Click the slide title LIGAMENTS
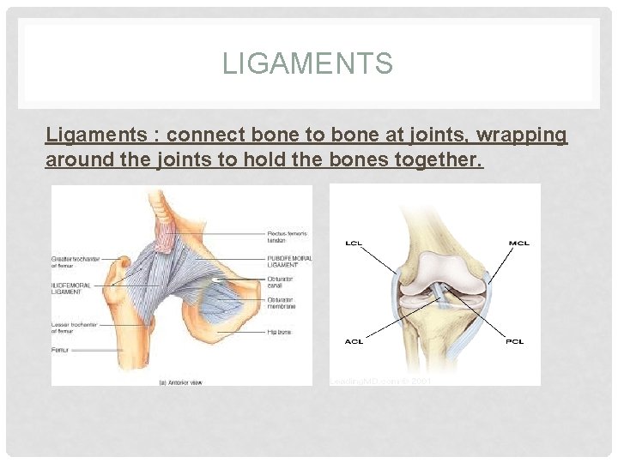point(308,63)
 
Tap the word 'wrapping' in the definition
point(524,135)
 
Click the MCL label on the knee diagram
point(518,243)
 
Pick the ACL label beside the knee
point(353,341)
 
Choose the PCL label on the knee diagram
point(516,341)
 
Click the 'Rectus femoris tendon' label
point(286,237)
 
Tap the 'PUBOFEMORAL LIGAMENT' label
point(290,261)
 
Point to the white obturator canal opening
point(219,280)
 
